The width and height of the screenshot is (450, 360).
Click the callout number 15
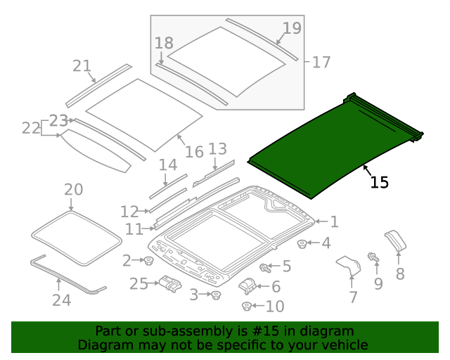379,182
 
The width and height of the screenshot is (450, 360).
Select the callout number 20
73,190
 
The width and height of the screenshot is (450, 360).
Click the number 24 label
61,300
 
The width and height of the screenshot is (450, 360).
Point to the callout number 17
321,63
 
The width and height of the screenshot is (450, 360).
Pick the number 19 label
292,29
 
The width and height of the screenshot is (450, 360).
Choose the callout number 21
82,66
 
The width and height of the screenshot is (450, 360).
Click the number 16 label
194,151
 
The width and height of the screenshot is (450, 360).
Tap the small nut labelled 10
247,306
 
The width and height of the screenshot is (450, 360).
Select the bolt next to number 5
265,267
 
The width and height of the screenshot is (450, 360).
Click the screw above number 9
373,259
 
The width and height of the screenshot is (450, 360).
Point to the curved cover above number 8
395,240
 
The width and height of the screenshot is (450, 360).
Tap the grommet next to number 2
149,262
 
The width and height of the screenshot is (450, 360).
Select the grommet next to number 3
216,295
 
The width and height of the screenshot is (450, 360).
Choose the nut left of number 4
302,244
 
